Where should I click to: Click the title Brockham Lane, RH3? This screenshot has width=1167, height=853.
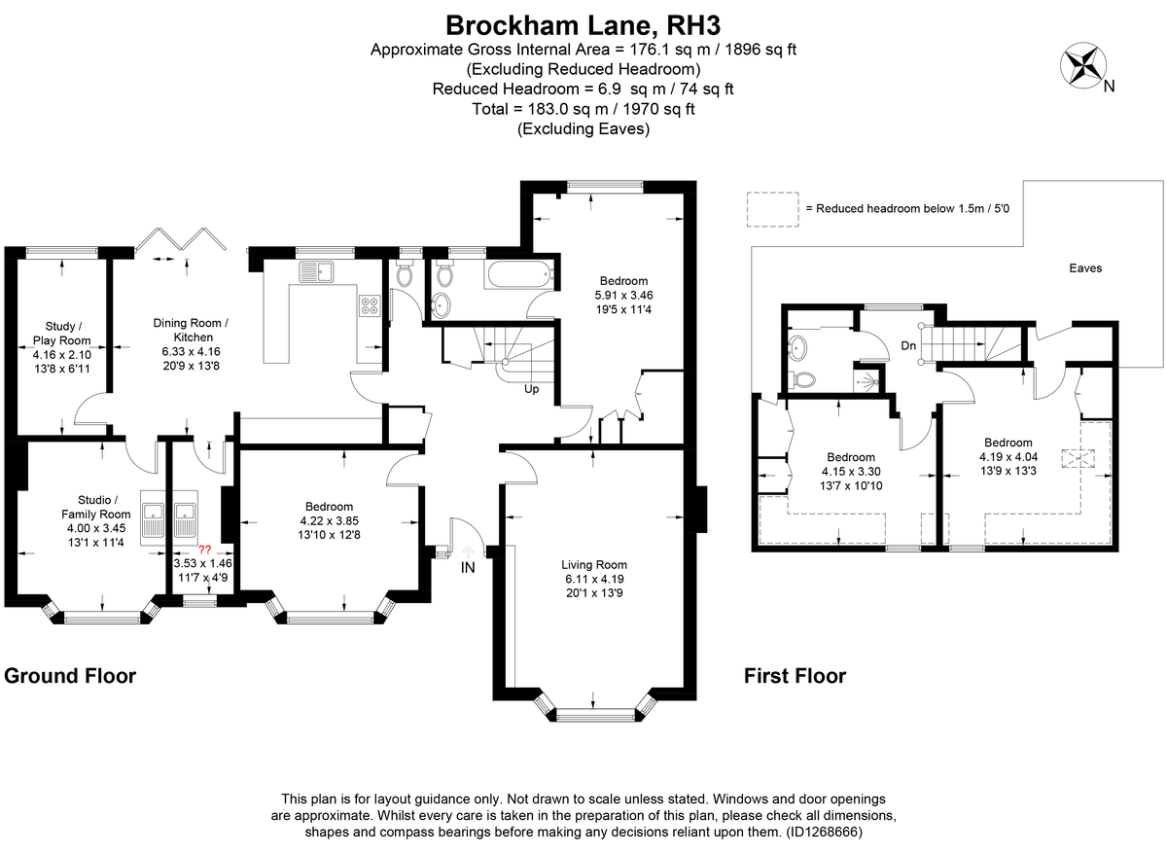click(x=583, y=23)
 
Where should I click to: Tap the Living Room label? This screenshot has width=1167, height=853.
click(x=594, y=564)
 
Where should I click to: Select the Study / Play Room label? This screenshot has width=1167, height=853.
click(x=68, y=334)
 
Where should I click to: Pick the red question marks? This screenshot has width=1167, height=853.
click(x=204, y=550)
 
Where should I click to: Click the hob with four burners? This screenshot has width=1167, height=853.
click(x=369, y=305)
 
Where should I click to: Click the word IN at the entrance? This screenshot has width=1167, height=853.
click(x=468, y=568)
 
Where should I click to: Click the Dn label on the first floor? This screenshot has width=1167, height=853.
click(x=908, y=345)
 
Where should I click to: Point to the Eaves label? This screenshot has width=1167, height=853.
click(x=1085, y=267)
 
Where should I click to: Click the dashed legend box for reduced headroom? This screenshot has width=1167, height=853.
click(x=771, y=209)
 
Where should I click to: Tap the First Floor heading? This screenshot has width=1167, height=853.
click(x=795, y=675)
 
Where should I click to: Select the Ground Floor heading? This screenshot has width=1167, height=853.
click(x=70, y=675)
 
